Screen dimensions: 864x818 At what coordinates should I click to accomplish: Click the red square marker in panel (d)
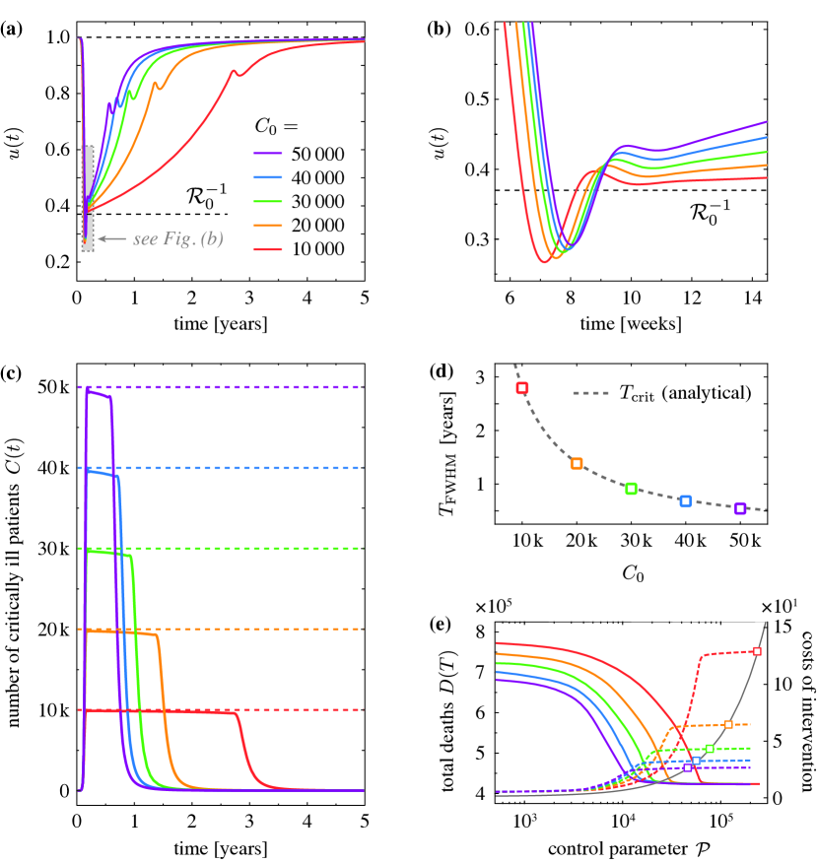(x=522, y=388)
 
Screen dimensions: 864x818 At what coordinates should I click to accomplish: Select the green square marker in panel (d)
(x=632, y=489)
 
